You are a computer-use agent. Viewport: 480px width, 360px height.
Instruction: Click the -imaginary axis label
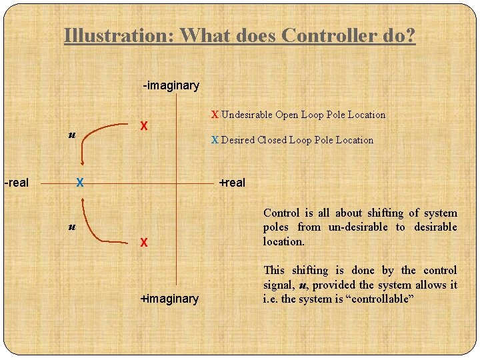click(x=171, y=85)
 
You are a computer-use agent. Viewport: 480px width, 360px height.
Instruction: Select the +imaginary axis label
click(x=169, y=299)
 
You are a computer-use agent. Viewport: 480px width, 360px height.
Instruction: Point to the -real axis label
click(x=16, y=182)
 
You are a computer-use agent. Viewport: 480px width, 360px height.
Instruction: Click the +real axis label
click(x=233, y=183)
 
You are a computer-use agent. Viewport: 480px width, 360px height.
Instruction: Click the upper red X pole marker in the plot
click(x=143, y=127)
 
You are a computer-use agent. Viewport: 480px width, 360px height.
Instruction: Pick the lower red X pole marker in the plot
click(x=143, y=243)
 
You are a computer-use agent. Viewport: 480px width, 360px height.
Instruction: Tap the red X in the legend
click(x=215, y=114)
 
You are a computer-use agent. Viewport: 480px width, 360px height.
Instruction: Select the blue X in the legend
click(x=215, y=140)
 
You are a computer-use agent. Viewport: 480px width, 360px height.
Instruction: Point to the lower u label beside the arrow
click(x=72, y=227)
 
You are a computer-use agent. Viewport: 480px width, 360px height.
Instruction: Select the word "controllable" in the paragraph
click(x=380, y=299)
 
